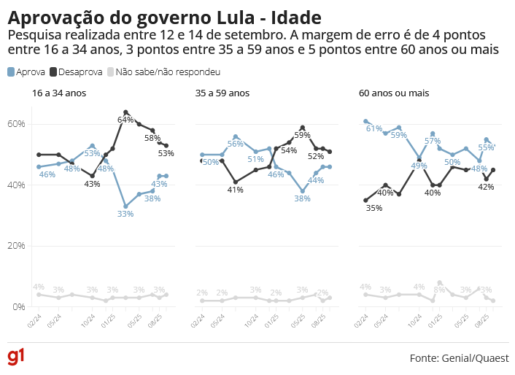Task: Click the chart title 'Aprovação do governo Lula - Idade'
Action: [164, 18]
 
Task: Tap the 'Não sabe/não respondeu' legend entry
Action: [163, 71]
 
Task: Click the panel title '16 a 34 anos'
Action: [59, 93]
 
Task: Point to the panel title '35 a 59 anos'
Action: [222, 93]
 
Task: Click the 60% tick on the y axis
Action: [17, 124]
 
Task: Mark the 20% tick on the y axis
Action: [17, 246]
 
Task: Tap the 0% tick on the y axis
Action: [19, 307]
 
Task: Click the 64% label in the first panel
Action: [125, 120]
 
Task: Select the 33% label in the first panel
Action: [125, 214]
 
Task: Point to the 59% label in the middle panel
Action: [302, 136]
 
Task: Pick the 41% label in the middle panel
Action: [234, 190]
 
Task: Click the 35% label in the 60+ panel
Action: [374, 208]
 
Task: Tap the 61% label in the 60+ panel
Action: [374, 128]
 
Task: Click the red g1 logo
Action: [16, 357]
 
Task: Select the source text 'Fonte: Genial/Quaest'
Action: [459, 358]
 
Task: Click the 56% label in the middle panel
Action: [236, 144]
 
